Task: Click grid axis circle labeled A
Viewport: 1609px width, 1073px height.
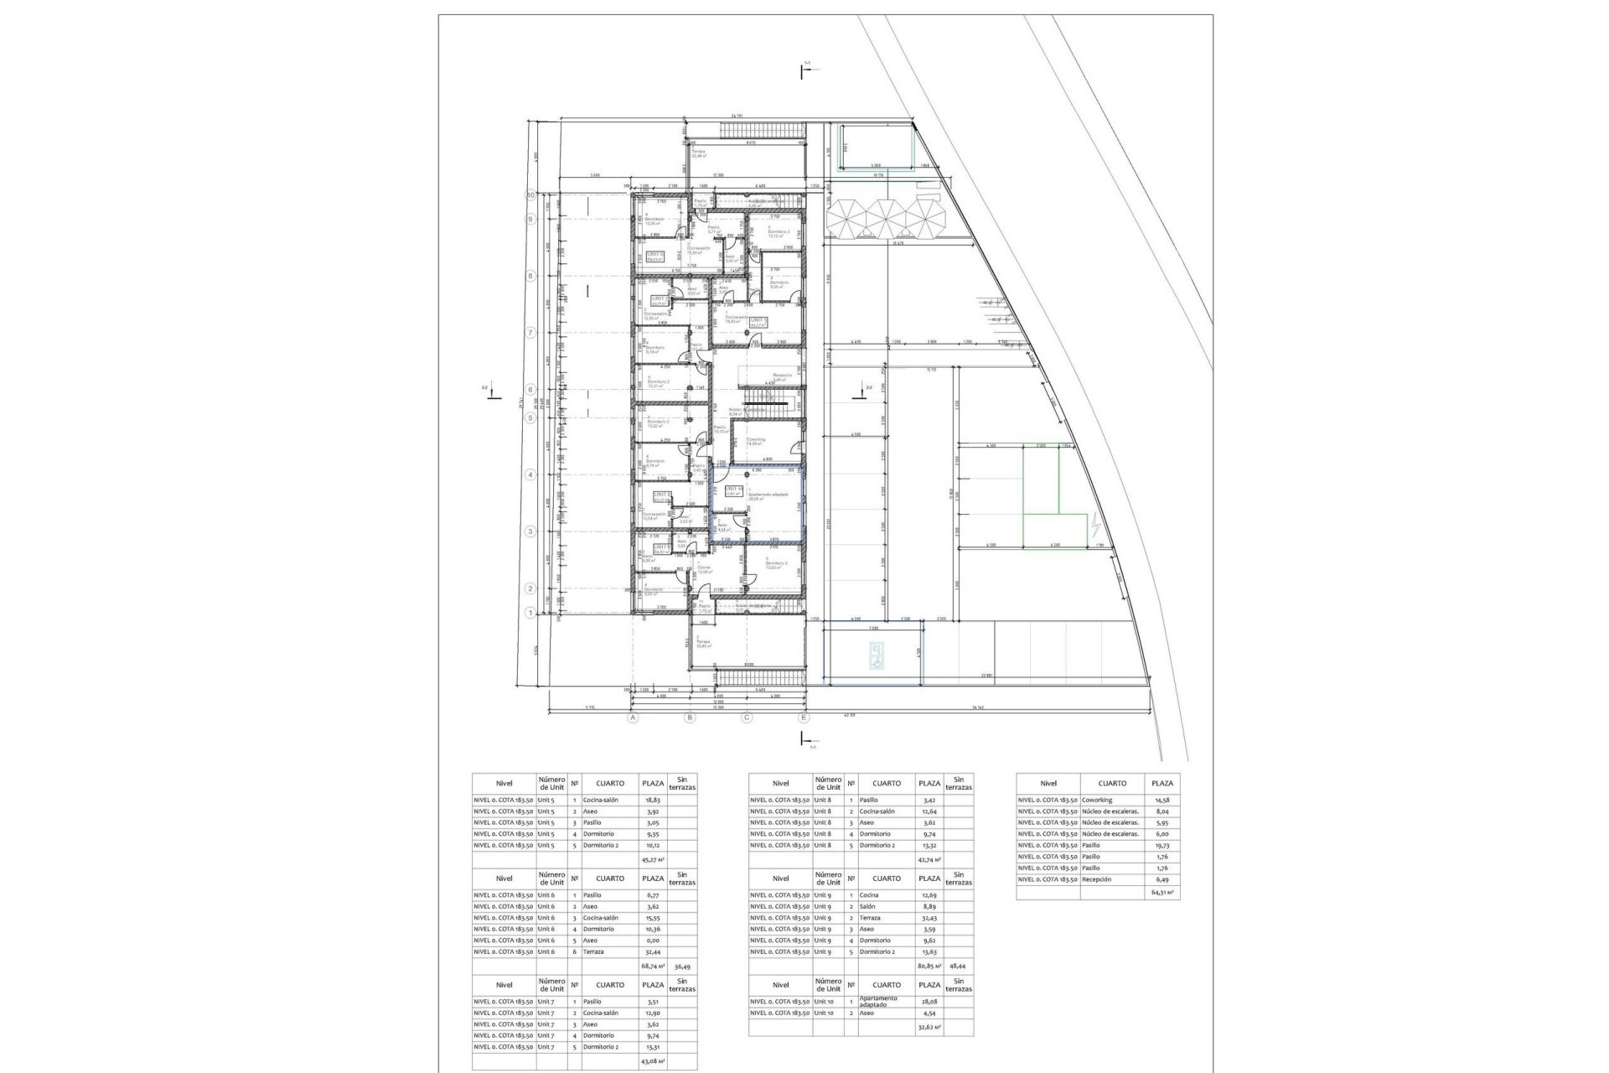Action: pos(634,718)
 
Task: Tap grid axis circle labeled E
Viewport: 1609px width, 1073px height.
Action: pos(804,718)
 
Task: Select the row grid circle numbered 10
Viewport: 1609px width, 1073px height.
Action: pos(530,195)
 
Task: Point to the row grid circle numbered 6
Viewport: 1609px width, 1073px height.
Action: pos(530,390)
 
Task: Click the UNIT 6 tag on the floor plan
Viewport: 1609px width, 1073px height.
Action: pos(655,256)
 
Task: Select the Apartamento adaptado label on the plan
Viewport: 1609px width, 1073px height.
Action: pos(768,495)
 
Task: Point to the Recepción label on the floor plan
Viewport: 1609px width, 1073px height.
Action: pos(782,376)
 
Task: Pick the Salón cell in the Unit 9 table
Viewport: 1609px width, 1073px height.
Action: pos(869,907)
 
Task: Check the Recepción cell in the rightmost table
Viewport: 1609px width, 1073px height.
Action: pos(1097,879)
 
